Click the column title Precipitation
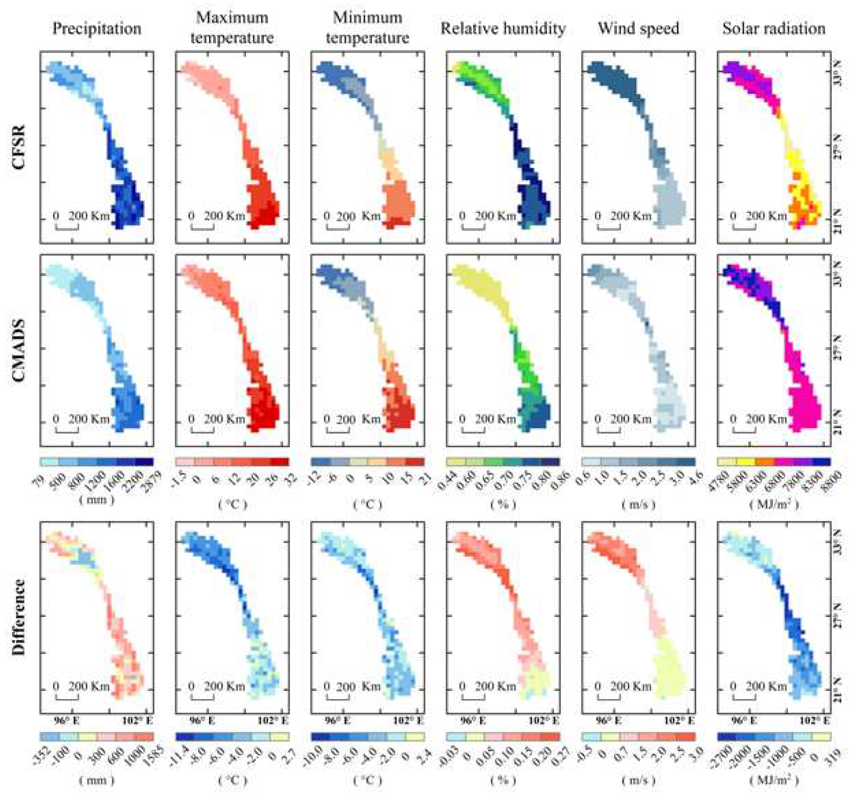97,29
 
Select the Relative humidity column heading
503,29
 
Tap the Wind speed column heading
638,29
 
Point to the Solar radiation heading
774,29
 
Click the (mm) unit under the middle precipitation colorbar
97,500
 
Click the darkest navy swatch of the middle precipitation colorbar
144,462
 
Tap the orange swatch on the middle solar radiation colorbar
765,462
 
